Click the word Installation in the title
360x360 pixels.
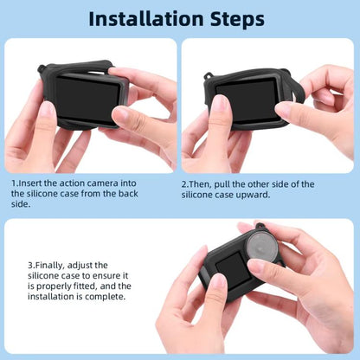144,18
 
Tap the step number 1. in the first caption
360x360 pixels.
15,183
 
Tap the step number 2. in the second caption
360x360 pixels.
186,184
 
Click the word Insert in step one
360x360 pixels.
31,183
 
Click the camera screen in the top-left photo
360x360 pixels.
87,97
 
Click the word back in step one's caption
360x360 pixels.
156,196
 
